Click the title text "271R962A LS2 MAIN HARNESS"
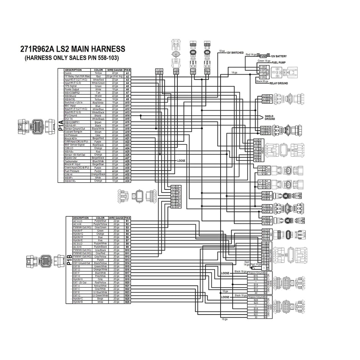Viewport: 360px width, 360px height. pos(72,49)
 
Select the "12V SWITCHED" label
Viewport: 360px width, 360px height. pos(235,53)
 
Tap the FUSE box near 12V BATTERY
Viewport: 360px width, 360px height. pos(263,56)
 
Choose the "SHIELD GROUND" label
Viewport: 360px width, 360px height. pos(270,117)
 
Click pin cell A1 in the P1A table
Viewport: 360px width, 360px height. pos(127,73)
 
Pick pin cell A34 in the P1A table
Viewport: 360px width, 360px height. pos(127,181)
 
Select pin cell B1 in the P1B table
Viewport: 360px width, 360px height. pos(127,221)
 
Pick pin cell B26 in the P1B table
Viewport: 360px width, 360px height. pos(127,302)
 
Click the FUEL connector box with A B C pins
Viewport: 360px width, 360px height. pos(160,71)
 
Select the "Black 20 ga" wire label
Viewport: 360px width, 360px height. pos(262,81)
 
